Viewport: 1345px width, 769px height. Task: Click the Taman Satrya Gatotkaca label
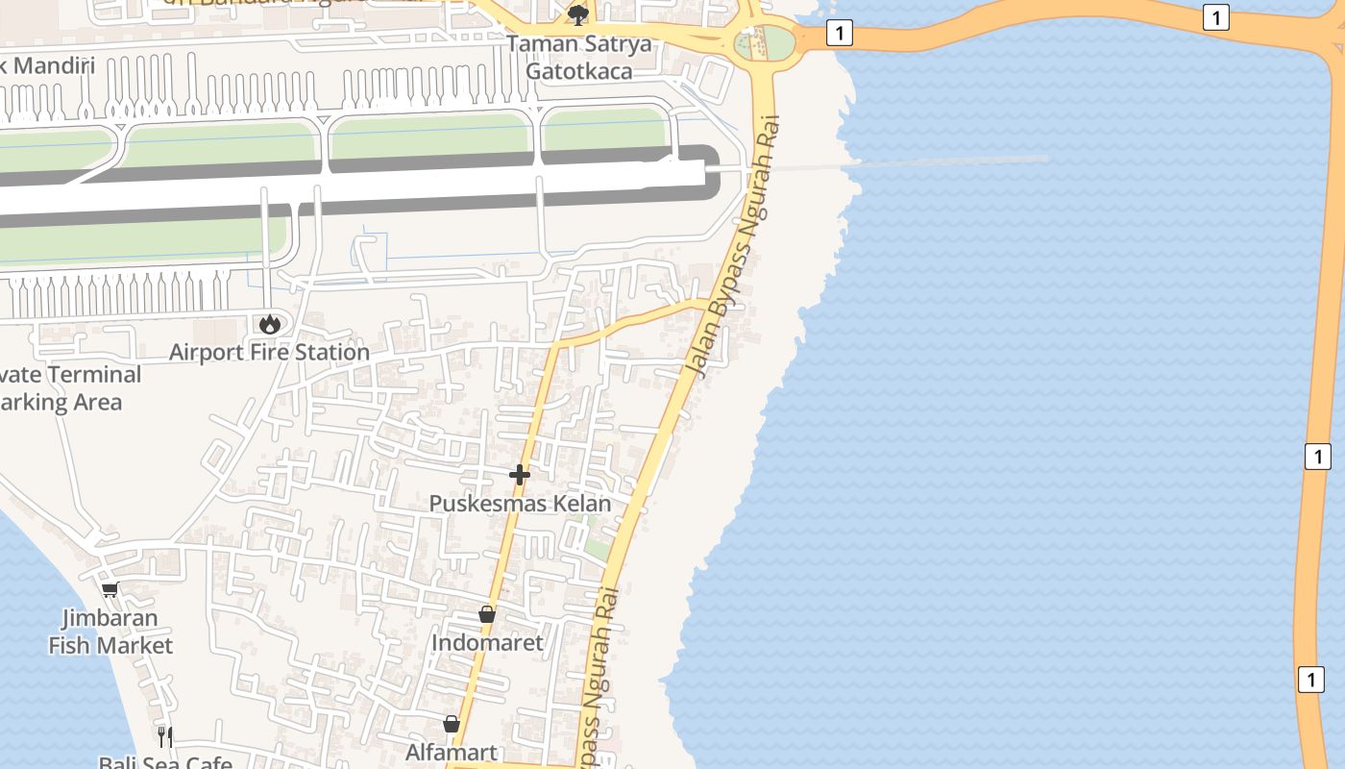pyautogui.click(x=578, y=58)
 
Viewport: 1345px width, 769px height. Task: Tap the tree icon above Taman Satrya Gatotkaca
pyautogui.click(x=578, y=14)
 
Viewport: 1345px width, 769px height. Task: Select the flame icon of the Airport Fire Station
pyautogui.click(x=270, y=324)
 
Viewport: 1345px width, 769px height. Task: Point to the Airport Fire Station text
pyautogui.click(x=270, y=353)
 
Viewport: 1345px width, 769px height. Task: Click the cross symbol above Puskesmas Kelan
pyautogui.click(x=520, y=474)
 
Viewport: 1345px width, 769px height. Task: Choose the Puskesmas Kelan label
pyautogui.click(x=520, y=504)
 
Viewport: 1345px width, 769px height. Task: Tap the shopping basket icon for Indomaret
pyautogui.click(x=487, y=614)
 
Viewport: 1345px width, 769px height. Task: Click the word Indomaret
pyautogui.click(x=487, y=643)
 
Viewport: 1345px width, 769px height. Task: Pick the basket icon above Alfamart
pyautogui.click(x=452, y=724)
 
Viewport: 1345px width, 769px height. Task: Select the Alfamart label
pyautogui.click(x=452, y=753)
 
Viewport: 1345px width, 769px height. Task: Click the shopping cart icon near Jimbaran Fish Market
pyautogui.click(x=110, y=589)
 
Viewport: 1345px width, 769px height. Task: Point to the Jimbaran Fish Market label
pyautogui.click(x=110, y=632)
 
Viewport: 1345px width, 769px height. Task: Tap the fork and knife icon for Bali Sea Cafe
pyautogui.click(x=165, y=737)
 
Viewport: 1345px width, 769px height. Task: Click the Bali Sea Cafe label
pyautogui.click(x=165, y=762)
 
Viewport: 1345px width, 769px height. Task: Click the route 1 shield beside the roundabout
pyautogui.click(x=840, y=34)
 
